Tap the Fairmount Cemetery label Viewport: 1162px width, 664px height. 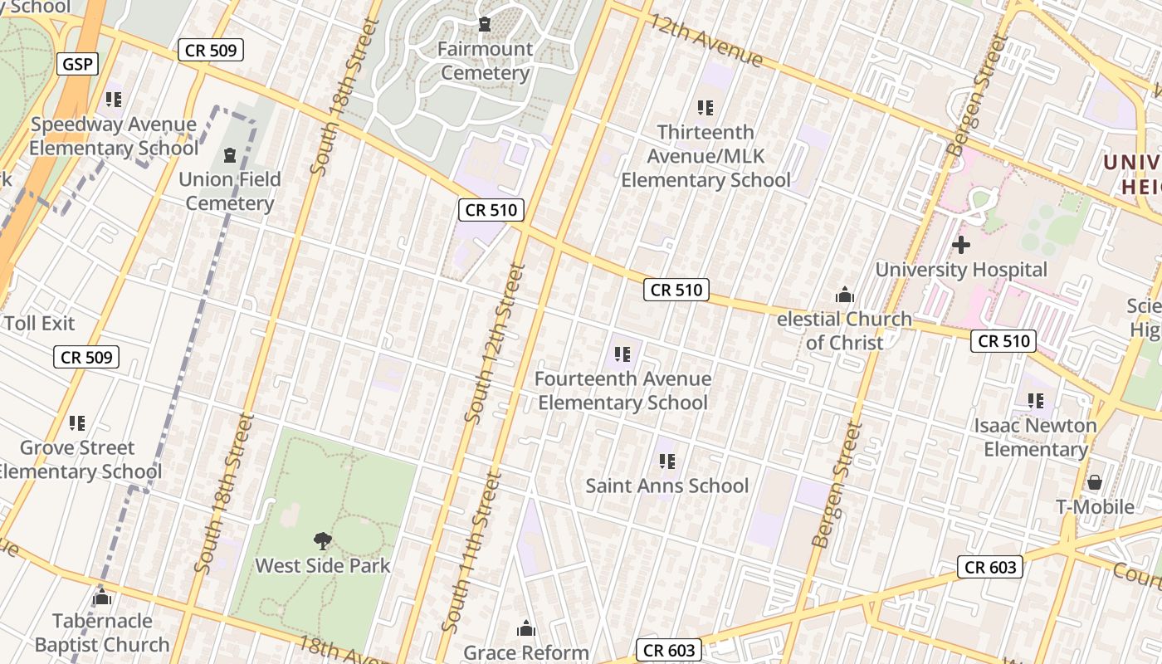485,61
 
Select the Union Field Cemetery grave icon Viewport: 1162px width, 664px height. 230,154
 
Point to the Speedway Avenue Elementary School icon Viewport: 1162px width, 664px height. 114,100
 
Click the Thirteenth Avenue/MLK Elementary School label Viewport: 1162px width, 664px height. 705,156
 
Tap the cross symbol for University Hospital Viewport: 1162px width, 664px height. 961,245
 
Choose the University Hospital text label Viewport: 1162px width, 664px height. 961,270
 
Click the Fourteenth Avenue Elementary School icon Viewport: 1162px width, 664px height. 622,354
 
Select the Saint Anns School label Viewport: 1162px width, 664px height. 667,486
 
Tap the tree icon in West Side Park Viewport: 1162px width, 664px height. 323,541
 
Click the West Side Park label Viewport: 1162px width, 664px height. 323,566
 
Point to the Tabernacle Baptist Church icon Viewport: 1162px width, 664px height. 102,597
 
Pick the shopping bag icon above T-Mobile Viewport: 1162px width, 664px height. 1095,482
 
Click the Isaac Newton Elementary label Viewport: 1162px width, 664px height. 1036,437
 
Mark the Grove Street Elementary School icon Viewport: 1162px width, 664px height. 77,423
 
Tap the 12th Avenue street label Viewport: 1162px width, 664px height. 706,41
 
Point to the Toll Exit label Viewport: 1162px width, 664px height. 40,324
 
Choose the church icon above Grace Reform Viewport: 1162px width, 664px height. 526,628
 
